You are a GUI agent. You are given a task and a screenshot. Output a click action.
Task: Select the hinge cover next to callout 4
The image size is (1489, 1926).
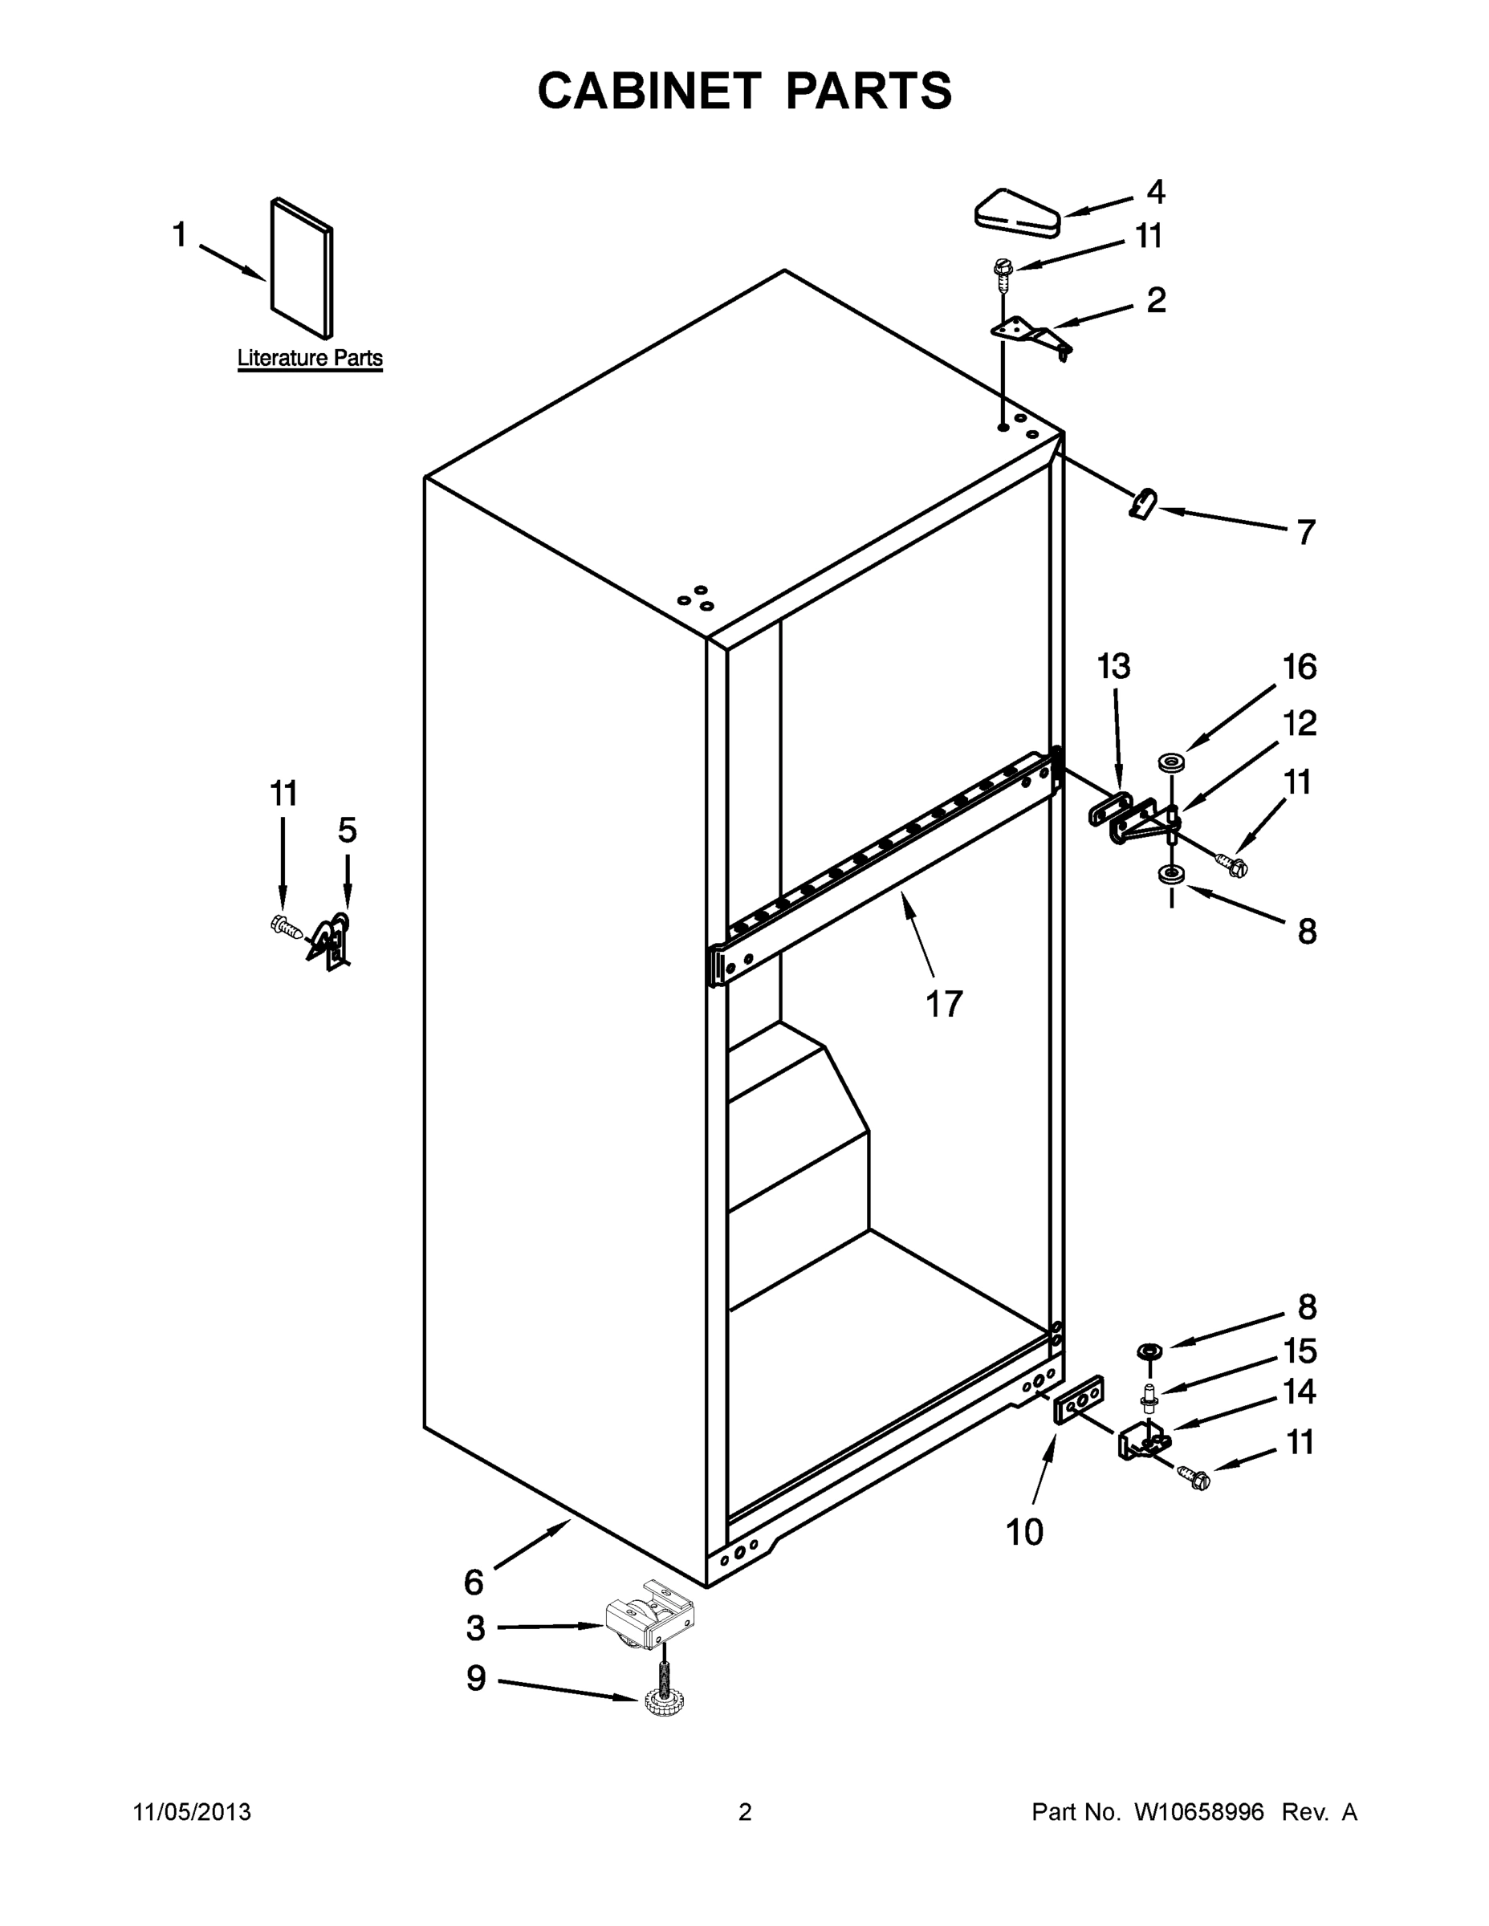point(1016,213)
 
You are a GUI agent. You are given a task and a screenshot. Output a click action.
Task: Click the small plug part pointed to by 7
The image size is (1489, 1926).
point(1143,506)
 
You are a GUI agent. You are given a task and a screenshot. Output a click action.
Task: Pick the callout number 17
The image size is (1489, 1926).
point(943,1005)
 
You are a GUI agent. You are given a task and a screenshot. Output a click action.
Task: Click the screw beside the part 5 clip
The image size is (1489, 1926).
point(286,927)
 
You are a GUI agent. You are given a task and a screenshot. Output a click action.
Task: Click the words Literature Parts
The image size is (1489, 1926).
point(310,358)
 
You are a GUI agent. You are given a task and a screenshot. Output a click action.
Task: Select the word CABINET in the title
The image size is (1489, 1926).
point(649,91)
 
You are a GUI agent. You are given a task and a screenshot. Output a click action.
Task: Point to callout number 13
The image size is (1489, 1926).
point(1113,667)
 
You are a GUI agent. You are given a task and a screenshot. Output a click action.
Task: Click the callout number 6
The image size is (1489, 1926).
point(474,1583)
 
